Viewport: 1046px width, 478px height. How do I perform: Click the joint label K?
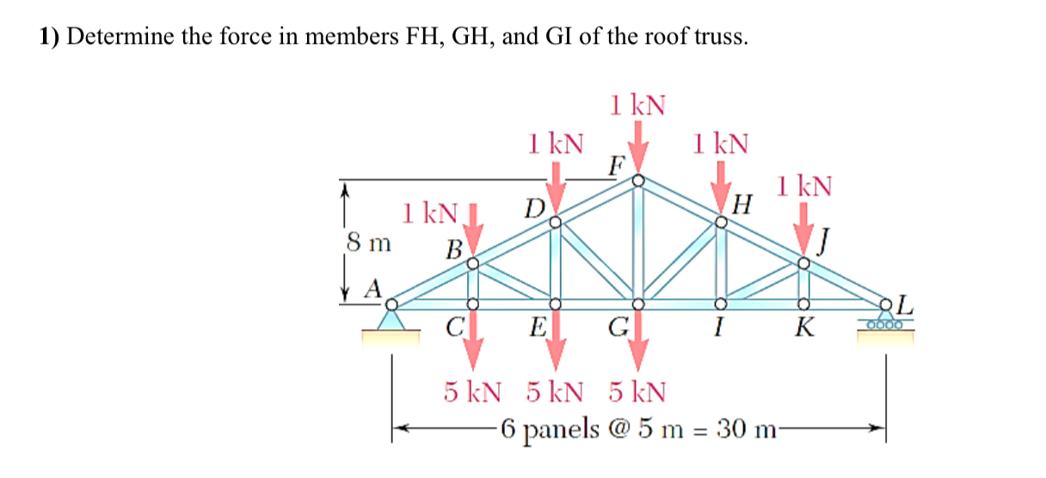(803, 328)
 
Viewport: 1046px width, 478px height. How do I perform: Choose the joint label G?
(618, 328)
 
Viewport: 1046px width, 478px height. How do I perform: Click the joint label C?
(456, 328)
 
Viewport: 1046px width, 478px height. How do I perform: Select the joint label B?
(453, 249)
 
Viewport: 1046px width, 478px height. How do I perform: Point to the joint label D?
(534, 208)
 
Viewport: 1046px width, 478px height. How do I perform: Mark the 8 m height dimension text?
(368, 243)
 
